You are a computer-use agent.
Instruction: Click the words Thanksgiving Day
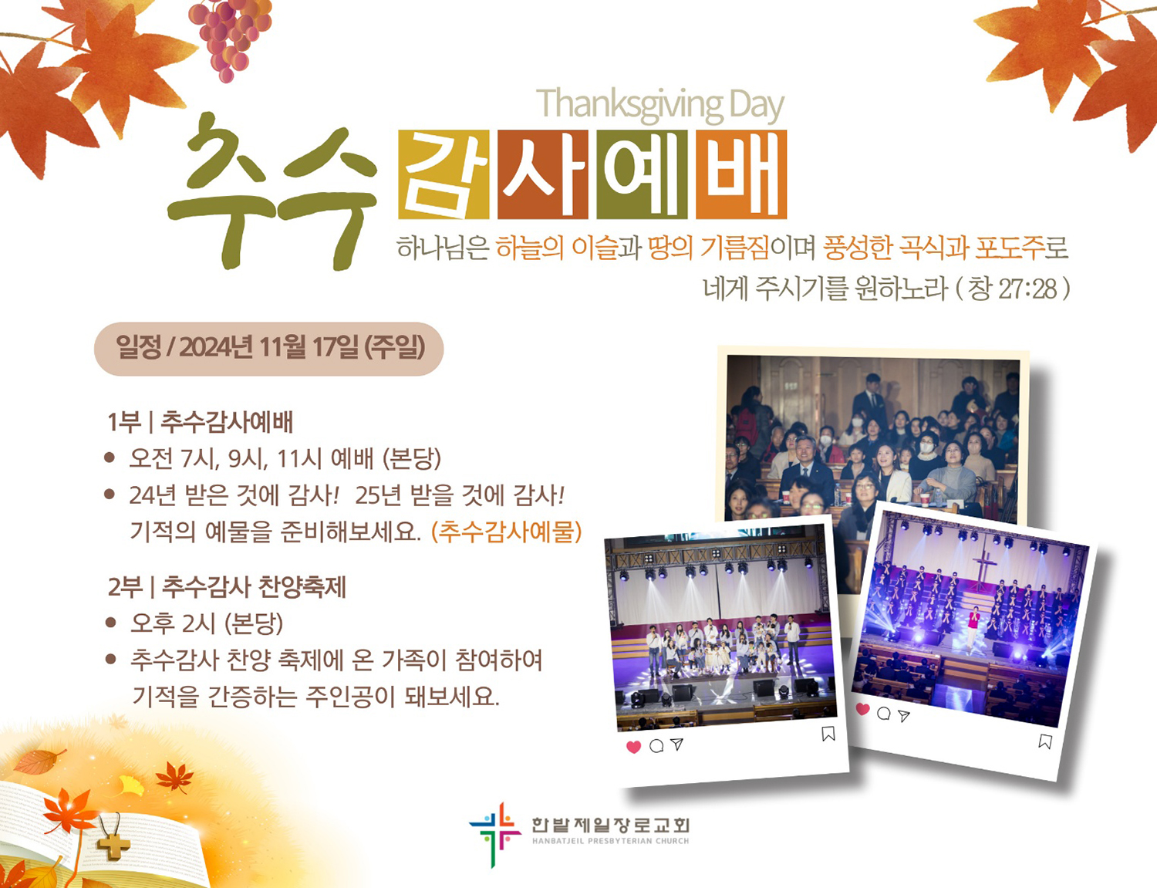[660, 106]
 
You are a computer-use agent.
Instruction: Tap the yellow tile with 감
[444, 174]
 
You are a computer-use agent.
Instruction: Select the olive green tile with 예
[642, 174]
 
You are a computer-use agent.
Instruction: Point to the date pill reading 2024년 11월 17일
[269, 349]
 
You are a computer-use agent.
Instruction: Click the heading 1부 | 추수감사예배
[201, 422]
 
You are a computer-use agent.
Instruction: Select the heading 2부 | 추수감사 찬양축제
[227, 586]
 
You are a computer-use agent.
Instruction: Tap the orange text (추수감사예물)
[506, 532]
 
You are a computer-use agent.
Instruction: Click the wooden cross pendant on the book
[113, 843]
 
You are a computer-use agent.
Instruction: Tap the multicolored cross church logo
[494, 834]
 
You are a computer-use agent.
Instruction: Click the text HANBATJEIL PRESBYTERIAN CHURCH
[610, 841]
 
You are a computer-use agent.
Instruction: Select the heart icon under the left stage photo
[633, 747]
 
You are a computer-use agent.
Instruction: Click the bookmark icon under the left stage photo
[828, 734]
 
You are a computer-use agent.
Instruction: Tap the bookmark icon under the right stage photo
[1045, 741]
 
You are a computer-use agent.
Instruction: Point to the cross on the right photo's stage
[984, 569]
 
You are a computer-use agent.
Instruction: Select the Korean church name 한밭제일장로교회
[610, 826]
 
